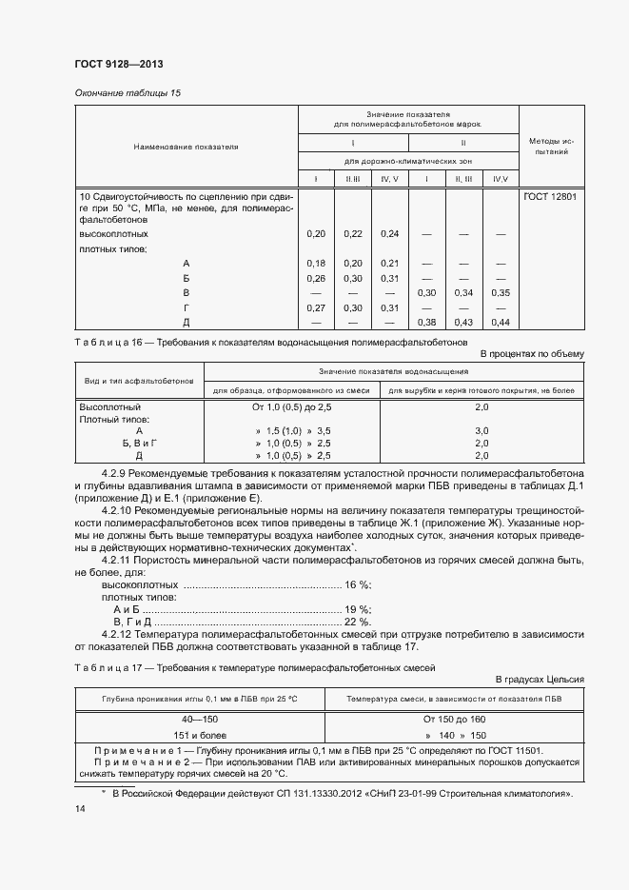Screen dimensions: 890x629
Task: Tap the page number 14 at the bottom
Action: pyautogui.click(x=79, y=808)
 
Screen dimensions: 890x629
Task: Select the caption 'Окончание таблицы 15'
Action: pyautogui.click(x=127, y=92)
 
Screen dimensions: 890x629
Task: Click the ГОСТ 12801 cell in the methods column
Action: pyautogui.click(x=550, y=197)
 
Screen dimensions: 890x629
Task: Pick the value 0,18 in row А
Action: pyautogui.click(x=317, y=263)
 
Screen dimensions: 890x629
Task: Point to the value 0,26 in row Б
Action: pyautogui.click(x=317, y=278)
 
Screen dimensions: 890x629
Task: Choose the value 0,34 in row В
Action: pyautogui.click(x=463, y=292)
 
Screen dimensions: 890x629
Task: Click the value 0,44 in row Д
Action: pyautogui.click(x=501, y=322)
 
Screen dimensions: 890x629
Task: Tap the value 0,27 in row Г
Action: pyautogui.click(x=317, y=307)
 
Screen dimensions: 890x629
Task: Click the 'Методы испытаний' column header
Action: pyautogui.click(x=550, y=146)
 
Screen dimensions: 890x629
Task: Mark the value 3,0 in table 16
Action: pyautogui.click(x=482, y=431)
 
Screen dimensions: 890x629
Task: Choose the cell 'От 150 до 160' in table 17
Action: pyautogui.click(x=455, y=720)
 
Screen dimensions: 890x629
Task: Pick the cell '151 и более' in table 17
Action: pyautogui.click(x=200, y=736)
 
